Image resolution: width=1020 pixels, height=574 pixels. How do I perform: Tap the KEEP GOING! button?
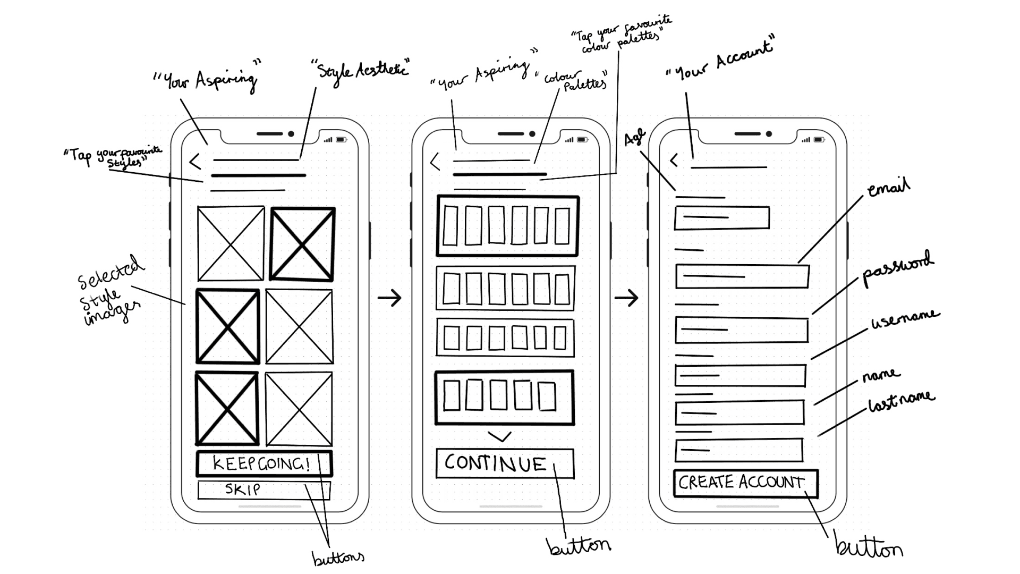coord(263,463)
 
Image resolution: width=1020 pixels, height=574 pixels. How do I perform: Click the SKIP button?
coord(263,489)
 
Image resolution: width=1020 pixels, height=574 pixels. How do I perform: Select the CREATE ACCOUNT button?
coord(745,483)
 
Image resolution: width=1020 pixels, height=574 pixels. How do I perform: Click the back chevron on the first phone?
coord(195,162)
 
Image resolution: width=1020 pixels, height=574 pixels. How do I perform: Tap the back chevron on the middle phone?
coord(436,162)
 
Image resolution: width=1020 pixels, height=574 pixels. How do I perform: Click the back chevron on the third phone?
coord(674,160)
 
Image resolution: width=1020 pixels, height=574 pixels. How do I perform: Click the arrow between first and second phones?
coord(389,298)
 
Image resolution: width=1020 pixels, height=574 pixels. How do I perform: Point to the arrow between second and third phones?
coord(626,298)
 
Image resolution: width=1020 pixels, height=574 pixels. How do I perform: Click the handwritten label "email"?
coord(888,188)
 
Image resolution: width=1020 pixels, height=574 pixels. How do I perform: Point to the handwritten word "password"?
coord(896,268)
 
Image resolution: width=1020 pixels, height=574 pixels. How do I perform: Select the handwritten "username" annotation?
coord(905,318)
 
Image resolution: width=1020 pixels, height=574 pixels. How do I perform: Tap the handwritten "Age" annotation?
coord(634,138)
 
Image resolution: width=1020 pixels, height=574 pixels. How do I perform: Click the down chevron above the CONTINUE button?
coord(499,436)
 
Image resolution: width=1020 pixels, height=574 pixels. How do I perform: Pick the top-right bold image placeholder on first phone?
coord(302,244)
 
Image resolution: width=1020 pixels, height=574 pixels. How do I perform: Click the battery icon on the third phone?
coord(819,140)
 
